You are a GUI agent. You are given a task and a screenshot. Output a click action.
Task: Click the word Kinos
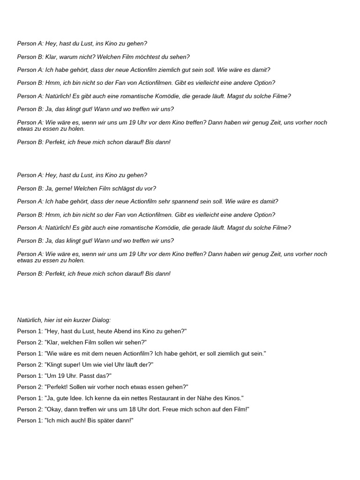tap(233, 398)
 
